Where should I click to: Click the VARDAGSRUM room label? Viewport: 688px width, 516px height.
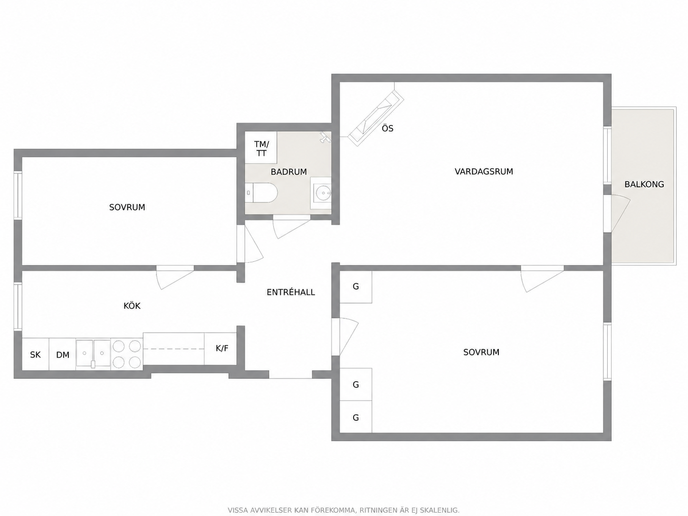coord(484,172)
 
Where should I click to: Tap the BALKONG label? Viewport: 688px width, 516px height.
coord(644,184)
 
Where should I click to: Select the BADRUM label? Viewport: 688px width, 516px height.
coord(289,172)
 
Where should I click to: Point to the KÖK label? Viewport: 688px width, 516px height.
coord(132,306)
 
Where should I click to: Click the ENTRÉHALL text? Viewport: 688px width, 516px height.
coord(291,292)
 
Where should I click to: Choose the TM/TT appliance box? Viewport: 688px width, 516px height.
coord(261,148)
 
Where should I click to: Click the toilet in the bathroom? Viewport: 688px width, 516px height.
coord(261,193)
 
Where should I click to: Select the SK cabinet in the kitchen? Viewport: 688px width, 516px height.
coord(36,354)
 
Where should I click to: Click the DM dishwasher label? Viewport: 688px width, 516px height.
coord(63,355)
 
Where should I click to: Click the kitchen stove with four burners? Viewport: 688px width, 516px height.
coord(127,354)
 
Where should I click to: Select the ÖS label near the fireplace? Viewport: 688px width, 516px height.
coord(387,128)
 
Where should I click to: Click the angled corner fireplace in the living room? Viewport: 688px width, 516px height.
coord(376,118)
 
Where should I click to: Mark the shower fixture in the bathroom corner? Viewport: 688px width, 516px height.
coord(325,137)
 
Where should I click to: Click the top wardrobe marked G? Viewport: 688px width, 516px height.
coord(356,287)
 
